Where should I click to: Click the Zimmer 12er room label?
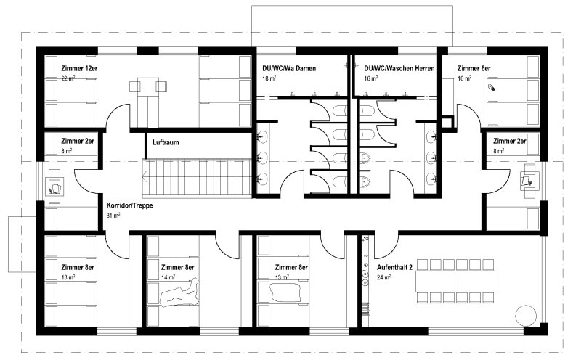[79, 68]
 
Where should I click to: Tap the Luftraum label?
[166, 142]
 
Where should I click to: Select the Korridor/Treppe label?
[130, 205]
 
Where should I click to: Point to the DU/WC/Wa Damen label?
[289, 68]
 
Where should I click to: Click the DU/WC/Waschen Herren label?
[399, 68]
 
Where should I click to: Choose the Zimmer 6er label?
[474, 68]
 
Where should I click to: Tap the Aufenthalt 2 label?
[394, 267]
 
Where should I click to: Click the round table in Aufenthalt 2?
[526, 316]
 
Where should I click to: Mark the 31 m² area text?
[113, 215]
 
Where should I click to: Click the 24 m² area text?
[383, 277]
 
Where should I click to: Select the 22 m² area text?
[68, 78]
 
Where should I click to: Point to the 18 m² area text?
[269, 78]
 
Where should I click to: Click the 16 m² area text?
[371, 78]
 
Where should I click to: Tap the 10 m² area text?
[464, 78]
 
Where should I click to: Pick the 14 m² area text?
[168, 277]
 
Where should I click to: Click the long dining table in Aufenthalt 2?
[455, 281]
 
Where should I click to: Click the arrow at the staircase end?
[145, 176]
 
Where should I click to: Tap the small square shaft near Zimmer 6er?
[447, 122]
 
